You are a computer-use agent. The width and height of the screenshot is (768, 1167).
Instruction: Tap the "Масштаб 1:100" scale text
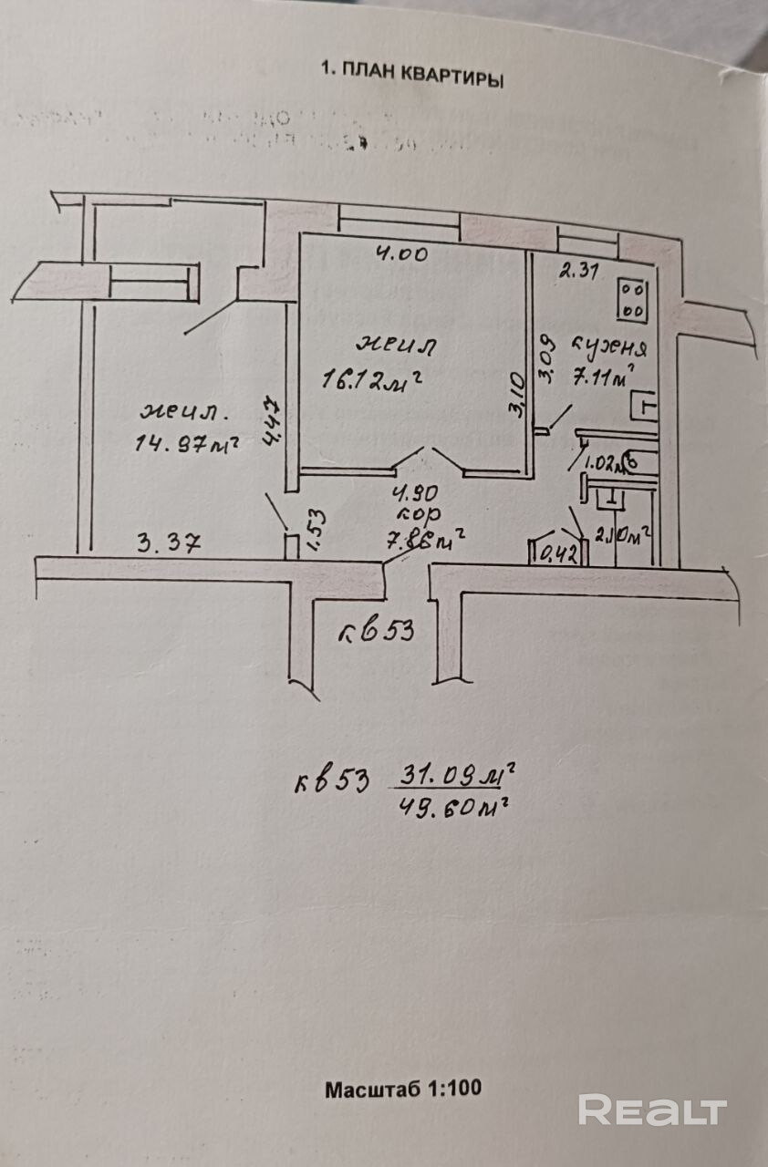tap(403, 1088)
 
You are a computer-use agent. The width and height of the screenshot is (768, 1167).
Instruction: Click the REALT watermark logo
tap(652, 1110)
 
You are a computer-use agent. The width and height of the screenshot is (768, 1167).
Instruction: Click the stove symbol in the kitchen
tap(631, 299)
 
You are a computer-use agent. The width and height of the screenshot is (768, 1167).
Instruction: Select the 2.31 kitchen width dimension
tap(576, 270)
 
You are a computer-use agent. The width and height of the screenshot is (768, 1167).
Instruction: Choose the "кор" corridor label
tap(410, 515)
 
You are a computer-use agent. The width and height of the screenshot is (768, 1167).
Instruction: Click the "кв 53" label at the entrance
tap(377, 631)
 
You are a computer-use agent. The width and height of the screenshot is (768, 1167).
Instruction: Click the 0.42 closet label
tap(558, 553)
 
